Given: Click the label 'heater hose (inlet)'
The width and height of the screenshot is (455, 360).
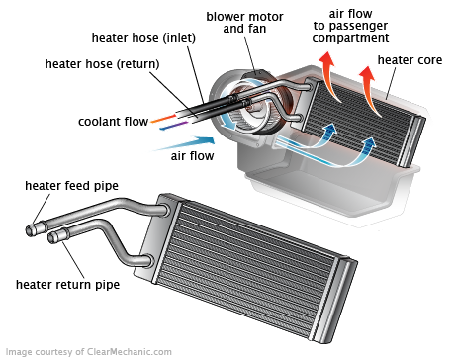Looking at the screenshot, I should pyautogui.click(x=143, y=38).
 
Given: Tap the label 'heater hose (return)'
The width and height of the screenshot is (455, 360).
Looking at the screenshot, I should pyautogui.click(x=104, y=64).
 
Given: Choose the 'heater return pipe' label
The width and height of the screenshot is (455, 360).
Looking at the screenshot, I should pyautogui.click(x=67, y=285).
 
